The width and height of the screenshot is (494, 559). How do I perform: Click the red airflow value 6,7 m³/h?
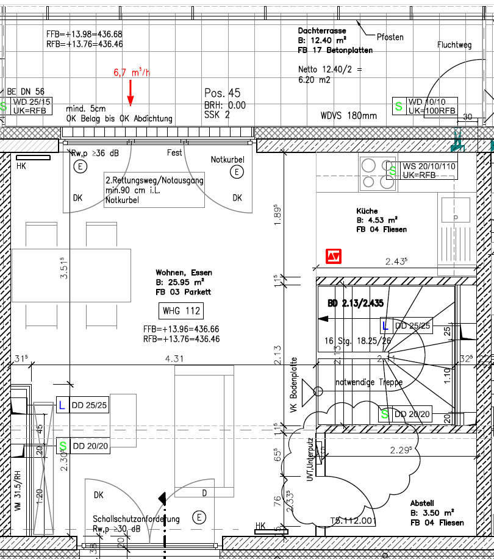pos(131,73)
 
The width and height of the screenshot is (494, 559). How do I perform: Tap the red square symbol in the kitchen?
pos(333,257)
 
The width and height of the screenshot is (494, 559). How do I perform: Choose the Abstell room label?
pos(422,503)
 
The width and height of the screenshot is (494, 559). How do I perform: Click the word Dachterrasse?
pos(322,30)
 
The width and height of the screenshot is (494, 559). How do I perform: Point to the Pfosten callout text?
pos(390,37)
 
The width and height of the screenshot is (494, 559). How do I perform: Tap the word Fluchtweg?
pos(454,45)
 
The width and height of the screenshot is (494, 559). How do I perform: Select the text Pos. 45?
pos(223,93)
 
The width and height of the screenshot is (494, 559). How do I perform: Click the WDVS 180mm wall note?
pos(349,115)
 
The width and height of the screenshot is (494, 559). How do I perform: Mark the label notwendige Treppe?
pos(369,383)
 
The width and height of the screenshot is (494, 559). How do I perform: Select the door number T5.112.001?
pos(353,521)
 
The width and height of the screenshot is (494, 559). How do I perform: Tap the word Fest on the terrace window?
pos(174,153)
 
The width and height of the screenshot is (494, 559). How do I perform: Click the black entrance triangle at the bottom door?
pos(162,498)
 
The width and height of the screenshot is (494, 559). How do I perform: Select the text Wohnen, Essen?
pos(180,272)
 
